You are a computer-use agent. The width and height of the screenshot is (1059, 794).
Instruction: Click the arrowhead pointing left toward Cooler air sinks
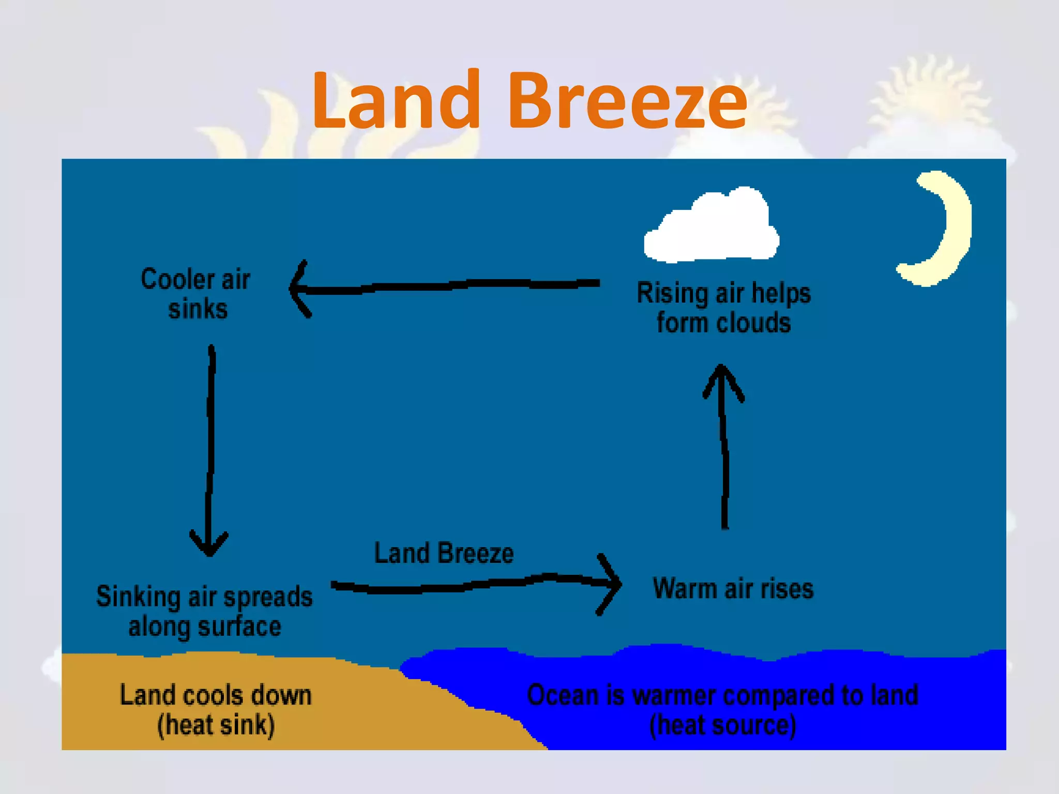click(299, 288)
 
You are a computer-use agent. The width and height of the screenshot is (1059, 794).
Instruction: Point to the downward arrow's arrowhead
click(209, 545)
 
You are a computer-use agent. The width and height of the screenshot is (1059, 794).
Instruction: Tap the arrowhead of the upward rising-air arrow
click(722, 377)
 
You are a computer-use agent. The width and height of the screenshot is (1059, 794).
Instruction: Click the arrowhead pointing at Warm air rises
click(613, 584)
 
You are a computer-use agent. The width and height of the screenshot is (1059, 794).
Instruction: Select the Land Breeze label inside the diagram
click(444, 553)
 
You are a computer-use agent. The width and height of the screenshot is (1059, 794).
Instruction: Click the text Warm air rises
click(733, 589)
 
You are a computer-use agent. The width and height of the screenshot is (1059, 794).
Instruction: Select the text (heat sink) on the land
click(216, 725)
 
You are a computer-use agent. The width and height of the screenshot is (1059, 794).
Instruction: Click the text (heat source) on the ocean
click(722, 725)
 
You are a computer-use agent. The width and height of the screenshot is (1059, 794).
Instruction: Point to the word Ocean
click(563, 695)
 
